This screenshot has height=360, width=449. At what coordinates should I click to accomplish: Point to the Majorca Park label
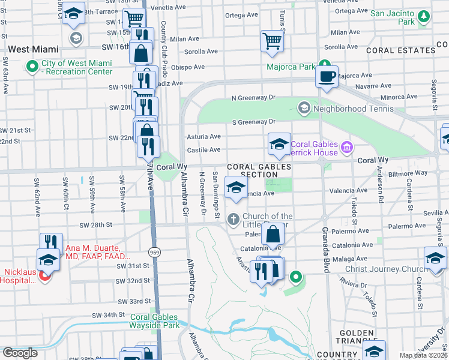click(x=291, y=67)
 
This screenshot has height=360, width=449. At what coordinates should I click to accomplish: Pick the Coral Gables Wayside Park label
click(x=155, y=321)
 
